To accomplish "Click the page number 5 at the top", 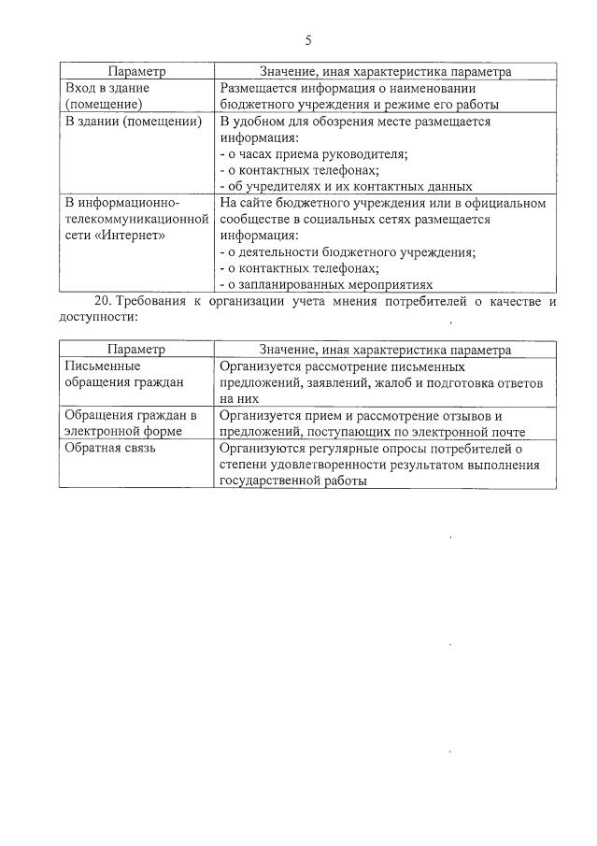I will [x=307, y=40].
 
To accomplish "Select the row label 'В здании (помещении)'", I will [x=133, y=122].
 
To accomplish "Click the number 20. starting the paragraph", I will [x=104, y=301].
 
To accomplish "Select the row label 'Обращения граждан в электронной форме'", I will [x=129, y=423].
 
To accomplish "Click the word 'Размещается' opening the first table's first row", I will [x=258, y=88].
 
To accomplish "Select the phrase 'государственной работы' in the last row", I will [x=292, y=480].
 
